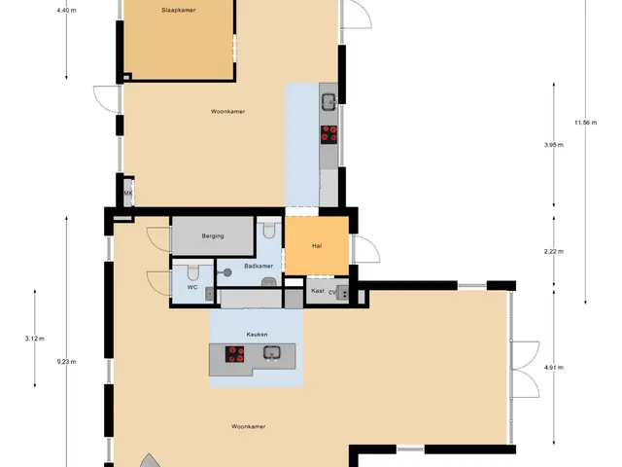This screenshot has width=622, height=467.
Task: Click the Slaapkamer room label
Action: point(179,11)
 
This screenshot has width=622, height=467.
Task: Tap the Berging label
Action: point(213,235)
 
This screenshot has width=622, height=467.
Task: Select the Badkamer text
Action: point(259,266)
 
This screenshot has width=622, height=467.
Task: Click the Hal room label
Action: point(317,246)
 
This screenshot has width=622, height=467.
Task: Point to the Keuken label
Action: point(257,335)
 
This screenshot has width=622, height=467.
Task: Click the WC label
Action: point(192,287)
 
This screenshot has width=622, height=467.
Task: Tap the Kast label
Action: point(318,291)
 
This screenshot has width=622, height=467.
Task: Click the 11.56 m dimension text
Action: point(585,123)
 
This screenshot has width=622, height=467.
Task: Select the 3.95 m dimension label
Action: point(554,145)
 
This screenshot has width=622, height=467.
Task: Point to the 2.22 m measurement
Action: point(554,251)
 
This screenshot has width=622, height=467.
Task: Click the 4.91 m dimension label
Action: point(554,368)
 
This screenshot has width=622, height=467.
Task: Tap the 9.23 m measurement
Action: point(67,362)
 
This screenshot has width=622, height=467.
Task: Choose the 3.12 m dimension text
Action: point(35,339)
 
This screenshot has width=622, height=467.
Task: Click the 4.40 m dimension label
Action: point(67,11)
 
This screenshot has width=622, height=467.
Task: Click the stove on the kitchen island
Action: point(235,354)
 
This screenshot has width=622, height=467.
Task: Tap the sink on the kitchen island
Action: point(272,352)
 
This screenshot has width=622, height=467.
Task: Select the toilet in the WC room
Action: point(193,271)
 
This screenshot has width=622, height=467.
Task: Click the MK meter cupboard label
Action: point(128,194)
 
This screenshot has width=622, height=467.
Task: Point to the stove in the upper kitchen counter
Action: point(328,134)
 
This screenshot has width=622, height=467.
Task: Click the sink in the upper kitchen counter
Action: point(328,102)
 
